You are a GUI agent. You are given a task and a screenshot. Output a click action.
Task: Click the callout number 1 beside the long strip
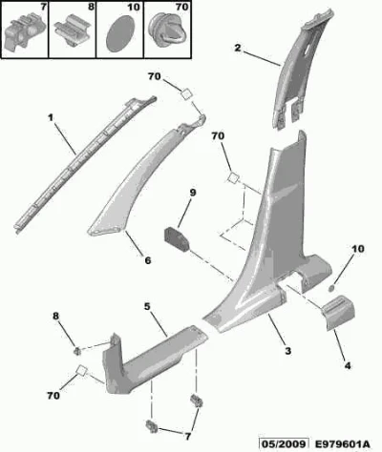(51, 118)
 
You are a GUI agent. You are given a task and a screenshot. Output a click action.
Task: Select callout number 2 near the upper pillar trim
(238, 49)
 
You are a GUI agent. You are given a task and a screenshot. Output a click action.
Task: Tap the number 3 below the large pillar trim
(287, 351)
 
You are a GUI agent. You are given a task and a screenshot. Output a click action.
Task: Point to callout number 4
(348, 366)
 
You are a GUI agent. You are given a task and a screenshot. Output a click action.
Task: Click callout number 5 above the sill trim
(147, 307)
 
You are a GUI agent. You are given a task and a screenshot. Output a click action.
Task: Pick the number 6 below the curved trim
(148, 260)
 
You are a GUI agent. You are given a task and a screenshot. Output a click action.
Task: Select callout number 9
(193, 193)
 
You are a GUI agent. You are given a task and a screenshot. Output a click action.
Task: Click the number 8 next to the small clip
(56, 317)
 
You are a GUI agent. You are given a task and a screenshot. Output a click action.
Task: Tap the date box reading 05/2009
(284, 443)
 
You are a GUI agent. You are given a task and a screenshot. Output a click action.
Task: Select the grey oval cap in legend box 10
(120, 34)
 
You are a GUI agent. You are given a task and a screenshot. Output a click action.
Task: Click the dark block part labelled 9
(177, 238)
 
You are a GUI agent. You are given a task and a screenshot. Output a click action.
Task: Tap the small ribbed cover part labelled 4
(338, 312)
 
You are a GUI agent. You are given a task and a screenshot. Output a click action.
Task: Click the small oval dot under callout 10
(331, 289)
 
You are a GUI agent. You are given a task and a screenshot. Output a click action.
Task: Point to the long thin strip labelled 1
(85, 165)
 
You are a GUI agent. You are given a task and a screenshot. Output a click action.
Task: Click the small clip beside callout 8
(77, 351)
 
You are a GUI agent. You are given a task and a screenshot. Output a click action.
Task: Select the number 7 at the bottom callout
(187, 436)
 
